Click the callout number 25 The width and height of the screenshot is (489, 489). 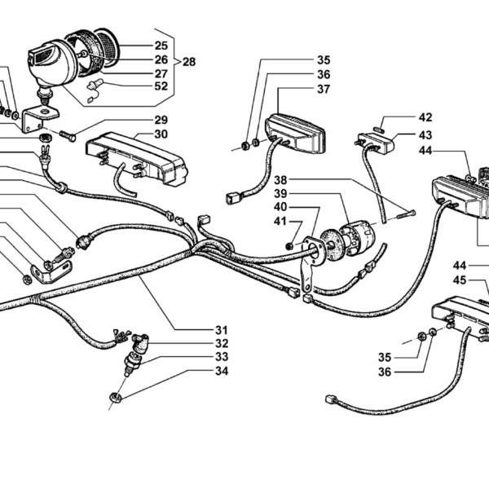click(161, 46)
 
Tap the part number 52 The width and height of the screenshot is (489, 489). click(161, 86)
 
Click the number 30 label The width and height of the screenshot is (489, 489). click(161, 134)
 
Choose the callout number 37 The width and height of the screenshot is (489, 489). click(324, 89)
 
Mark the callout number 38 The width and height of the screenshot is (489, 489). click(281, 179)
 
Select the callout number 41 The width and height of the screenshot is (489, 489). click(281, 222)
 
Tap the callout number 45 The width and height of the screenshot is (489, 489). click(460, 281)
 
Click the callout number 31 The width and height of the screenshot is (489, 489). click(222, 330)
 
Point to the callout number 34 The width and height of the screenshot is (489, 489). click(222, 372)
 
